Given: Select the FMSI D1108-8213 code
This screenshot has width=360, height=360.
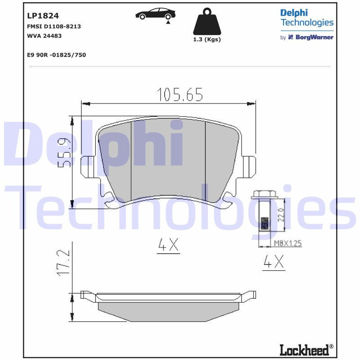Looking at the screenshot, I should (x=54, y=27).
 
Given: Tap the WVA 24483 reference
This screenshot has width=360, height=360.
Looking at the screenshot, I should (x=45, y=36).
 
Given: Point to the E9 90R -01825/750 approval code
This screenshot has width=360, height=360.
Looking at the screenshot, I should (x=56, y=55).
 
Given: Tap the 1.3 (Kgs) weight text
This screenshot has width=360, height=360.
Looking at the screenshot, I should (x=207, y=40).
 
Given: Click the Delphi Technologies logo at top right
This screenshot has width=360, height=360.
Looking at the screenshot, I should (x=306, y=18).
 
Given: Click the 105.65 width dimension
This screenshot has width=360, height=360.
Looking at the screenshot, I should (x=180, y=95).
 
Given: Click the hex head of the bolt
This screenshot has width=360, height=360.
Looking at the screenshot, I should (x=264, y=194).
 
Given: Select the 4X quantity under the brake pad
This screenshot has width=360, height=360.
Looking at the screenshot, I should (x=168, y=245).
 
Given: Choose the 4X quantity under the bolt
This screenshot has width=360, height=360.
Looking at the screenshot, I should (x=274, y=263).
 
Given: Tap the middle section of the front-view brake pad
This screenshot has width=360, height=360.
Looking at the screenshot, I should (x=167, y=160).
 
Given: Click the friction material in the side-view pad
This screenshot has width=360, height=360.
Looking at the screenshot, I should (x=167, y=311).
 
